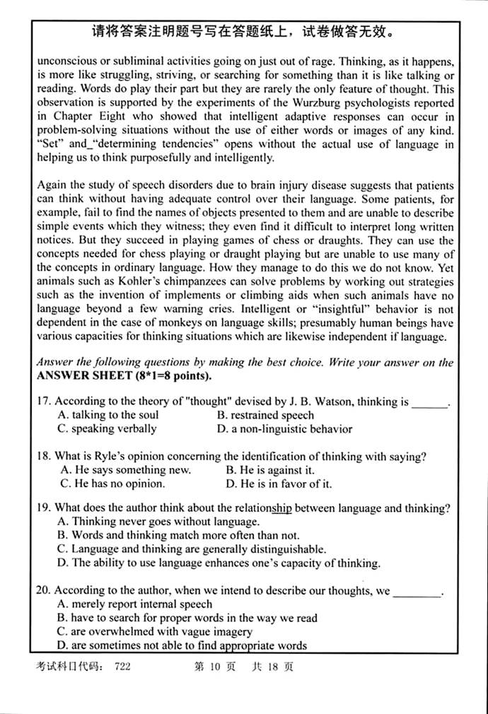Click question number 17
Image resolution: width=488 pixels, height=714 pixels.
[44, 402]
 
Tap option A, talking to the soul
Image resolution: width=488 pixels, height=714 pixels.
[108, 416]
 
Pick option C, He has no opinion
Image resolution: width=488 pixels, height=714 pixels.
[112, 484]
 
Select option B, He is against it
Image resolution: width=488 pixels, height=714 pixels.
[270, 470]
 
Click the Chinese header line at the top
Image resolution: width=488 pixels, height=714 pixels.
[243, 32]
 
